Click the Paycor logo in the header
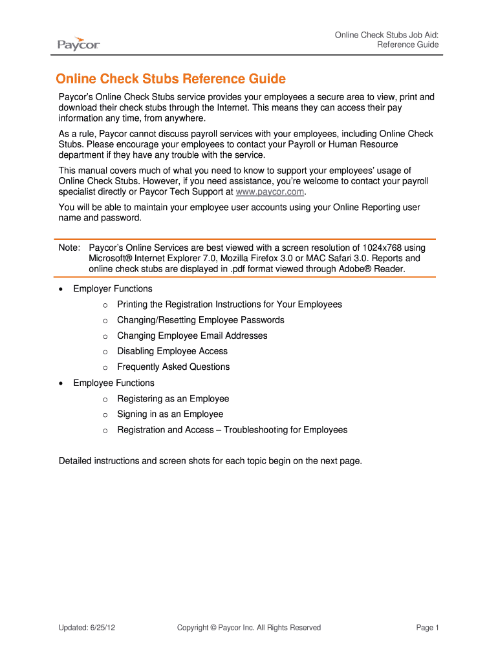pos(78,43)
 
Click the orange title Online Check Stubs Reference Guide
pos(171,79)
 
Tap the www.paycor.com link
pos(270,192)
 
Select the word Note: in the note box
pos(69,248)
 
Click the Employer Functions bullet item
pos(113,289)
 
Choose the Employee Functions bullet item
pos(114,383)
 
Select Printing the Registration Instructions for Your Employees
pos(230,304)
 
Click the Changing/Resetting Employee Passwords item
pos(200,320)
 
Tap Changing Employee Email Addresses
pos(192,336)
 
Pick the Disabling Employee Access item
pos(172,351)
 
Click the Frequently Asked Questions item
pos(173,367)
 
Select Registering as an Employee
pos(173,399)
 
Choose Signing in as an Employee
pos(170,414)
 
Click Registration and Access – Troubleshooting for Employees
pos(232,430)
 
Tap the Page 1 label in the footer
pos(428,628)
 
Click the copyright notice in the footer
pos(249,628)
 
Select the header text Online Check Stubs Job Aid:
pos(387,34)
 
